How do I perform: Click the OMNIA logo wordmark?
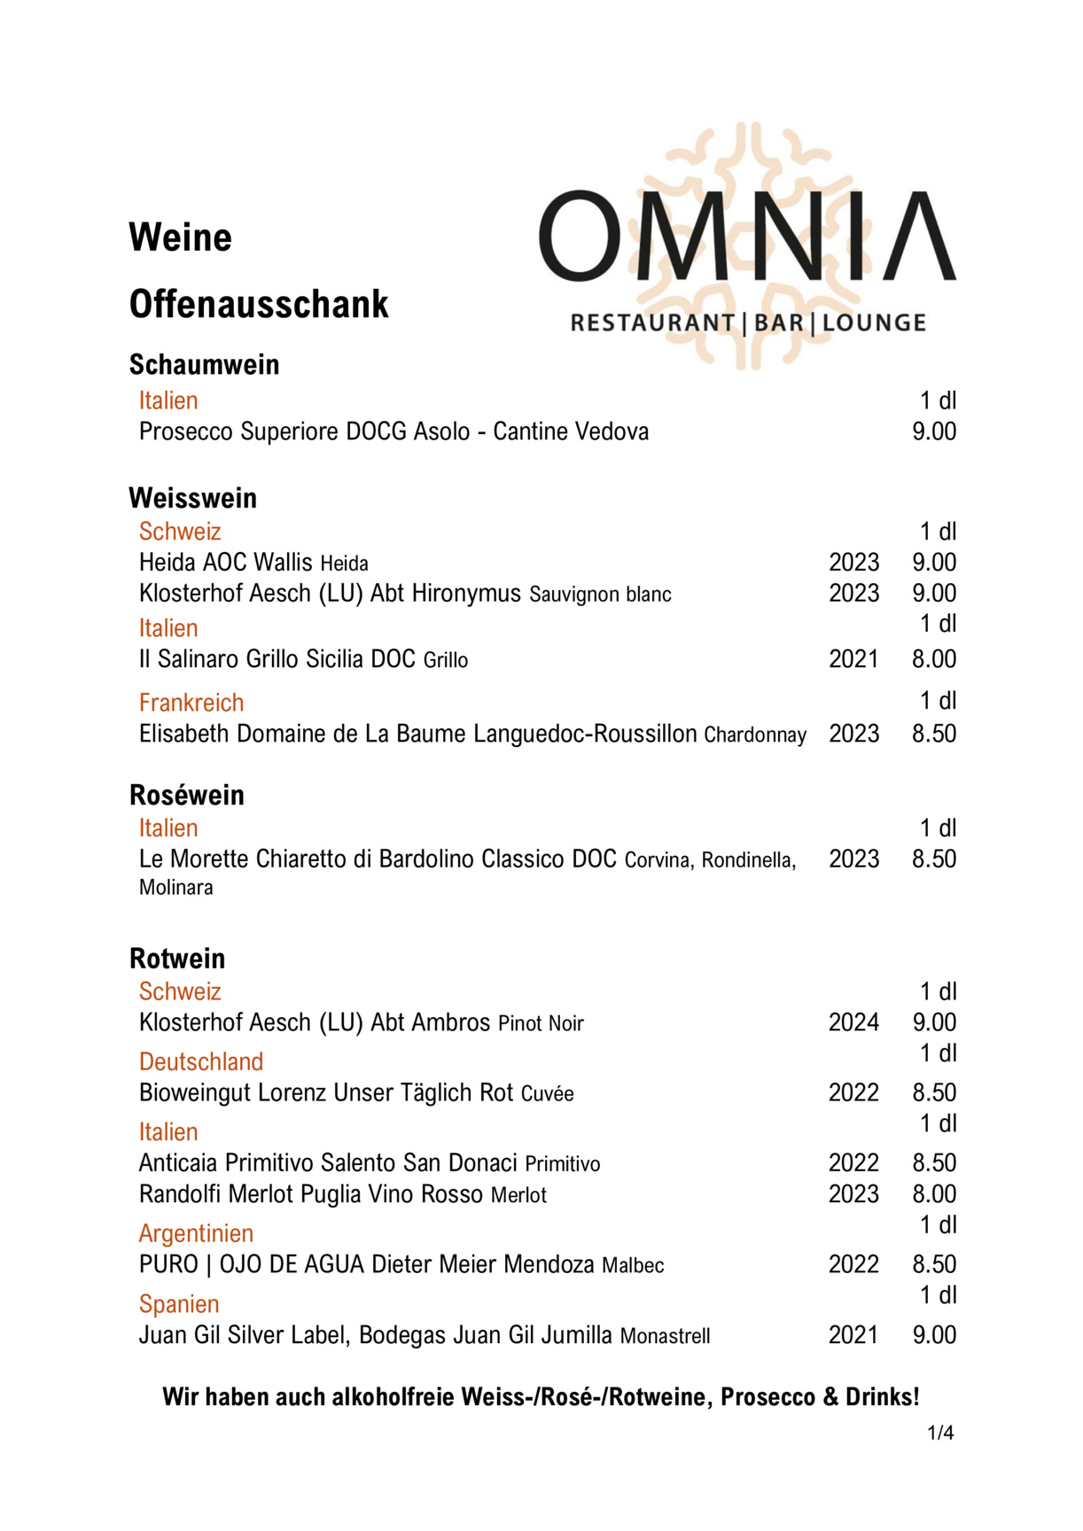(747, 237)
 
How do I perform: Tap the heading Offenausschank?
(259, 304)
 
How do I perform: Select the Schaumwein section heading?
(204, 364)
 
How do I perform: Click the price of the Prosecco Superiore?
(934, 431)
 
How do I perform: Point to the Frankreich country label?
(191, 703)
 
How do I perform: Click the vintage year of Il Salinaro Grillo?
(853, 659)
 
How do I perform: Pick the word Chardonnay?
(755, 734)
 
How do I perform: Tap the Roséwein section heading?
(187, 795)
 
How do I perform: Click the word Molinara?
(175, 888)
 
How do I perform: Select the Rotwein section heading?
(177, 958)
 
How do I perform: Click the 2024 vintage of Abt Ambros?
(853, 1022)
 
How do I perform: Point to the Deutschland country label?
(201, 1061)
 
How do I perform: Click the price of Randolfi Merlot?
(934, 1193)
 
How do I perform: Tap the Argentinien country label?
(196, 1233)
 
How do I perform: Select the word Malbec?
(633, 1265)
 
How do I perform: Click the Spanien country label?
(179, 1304)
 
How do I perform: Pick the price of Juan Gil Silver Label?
(934, 1335)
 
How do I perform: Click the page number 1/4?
(940, 1433)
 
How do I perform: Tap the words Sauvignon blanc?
(600, 594)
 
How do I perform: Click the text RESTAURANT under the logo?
(652, 323)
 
